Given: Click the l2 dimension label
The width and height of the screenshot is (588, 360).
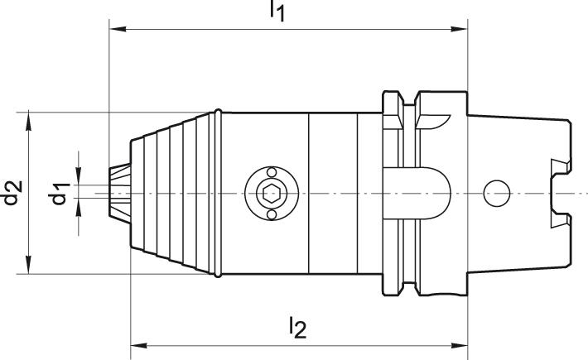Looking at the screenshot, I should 297,328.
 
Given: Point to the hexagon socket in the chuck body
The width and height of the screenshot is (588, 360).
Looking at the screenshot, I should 271,194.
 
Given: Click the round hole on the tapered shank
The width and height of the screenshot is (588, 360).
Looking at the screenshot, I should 496,193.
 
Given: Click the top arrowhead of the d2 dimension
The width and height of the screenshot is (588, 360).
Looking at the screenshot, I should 30,118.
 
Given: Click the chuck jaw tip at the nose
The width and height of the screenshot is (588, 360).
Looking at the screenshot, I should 116,192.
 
